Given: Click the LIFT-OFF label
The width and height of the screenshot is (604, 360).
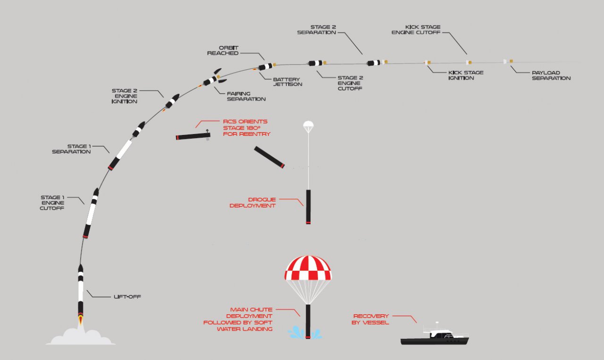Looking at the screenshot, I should click(127, 297).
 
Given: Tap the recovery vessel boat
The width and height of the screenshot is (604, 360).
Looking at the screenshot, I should click(435, 336).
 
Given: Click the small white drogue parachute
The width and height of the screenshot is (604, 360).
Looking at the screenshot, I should click(308, 126).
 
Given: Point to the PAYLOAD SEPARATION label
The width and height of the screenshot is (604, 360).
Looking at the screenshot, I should click(551, 75).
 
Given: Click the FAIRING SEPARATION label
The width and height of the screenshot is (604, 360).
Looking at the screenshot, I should click(246, 96).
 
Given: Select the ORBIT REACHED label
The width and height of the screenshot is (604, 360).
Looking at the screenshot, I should click(223, 50).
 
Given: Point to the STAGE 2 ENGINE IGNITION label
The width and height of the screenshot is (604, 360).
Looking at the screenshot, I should click(125, 96).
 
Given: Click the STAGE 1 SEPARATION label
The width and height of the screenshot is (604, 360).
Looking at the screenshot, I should click(71, 149).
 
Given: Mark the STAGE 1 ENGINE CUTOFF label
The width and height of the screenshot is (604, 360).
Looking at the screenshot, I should click(52, 202).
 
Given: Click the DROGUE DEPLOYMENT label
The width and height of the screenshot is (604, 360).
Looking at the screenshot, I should click(252, 202).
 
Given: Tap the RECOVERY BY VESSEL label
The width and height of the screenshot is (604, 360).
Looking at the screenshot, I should click(371, 319).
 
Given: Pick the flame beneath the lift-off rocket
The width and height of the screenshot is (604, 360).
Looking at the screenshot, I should click(81, 320).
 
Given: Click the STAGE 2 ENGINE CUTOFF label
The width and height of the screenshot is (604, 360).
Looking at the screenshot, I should click(350, 83).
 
